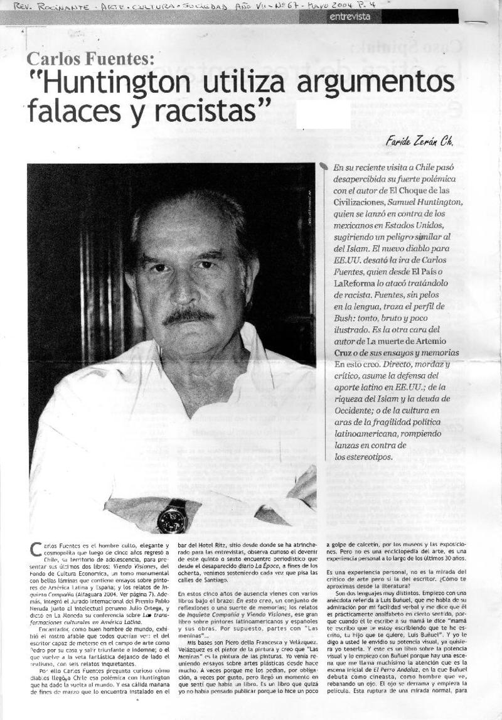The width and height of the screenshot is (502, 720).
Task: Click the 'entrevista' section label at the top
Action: pyautogui.click(x=350, y=17)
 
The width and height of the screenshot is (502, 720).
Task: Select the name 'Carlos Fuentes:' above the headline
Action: pyautogui.click(x=90, y=60)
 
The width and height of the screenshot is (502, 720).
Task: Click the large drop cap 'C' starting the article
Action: pyautogui.click(x=36, y=550)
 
